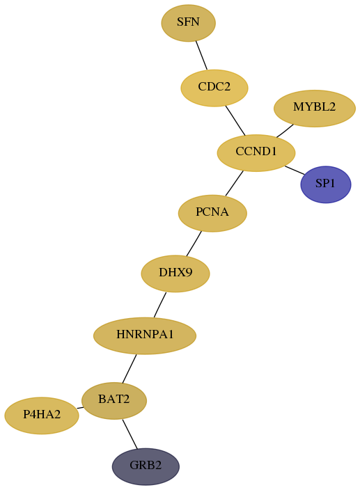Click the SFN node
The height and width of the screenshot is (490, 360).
(x=188, y=23)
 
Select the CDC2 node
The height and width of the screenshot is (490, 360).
(x=214, y=88)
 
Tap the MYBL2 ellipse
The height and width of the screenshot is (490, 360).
(x=314, y=108)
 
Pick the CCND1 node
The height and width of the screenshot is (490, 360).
(x=256, y=153)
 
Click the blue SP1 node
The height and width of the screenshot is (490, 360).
(x=326, y=184)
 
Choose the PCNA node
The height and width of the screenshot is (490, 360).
(x=212, y=213)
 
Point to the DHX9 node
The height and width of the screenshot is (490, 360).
(x=175, y=274)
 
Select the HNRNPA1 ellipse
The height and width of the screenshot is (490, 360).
(x=145, y=335)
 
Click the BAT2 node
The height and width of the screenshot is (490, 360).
(x=114, y=400)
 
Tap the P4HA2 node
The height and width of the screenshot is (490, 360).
(x=42, y=416)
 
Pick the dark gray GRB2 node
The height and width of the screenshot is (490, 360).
(x=146, y=466)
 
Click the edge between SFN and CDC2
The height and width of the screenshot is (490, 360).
(x=201, y=55)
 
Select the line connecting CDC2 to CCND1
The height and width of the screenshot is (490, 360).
(x=235, y=120)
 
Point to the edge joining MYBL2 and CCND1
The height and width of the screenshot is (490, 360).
(x=285, y=131)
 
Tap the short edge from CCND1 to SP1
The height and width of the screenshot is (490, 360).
(x=295, y=171)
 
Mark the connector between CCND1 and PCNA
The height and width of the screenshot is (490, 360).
(x=234, y=184)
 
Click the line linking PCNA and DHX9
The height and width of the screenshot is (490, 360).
(x=194, y=244)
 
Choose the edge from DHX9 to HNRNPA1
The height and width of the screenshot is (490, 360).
(x=160, y=305)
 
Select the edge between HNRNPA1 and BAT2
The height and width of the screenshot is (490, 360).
(x=130, y=368)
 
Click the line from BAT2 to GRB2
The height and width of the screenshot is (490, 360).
(x=130, y=434)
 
